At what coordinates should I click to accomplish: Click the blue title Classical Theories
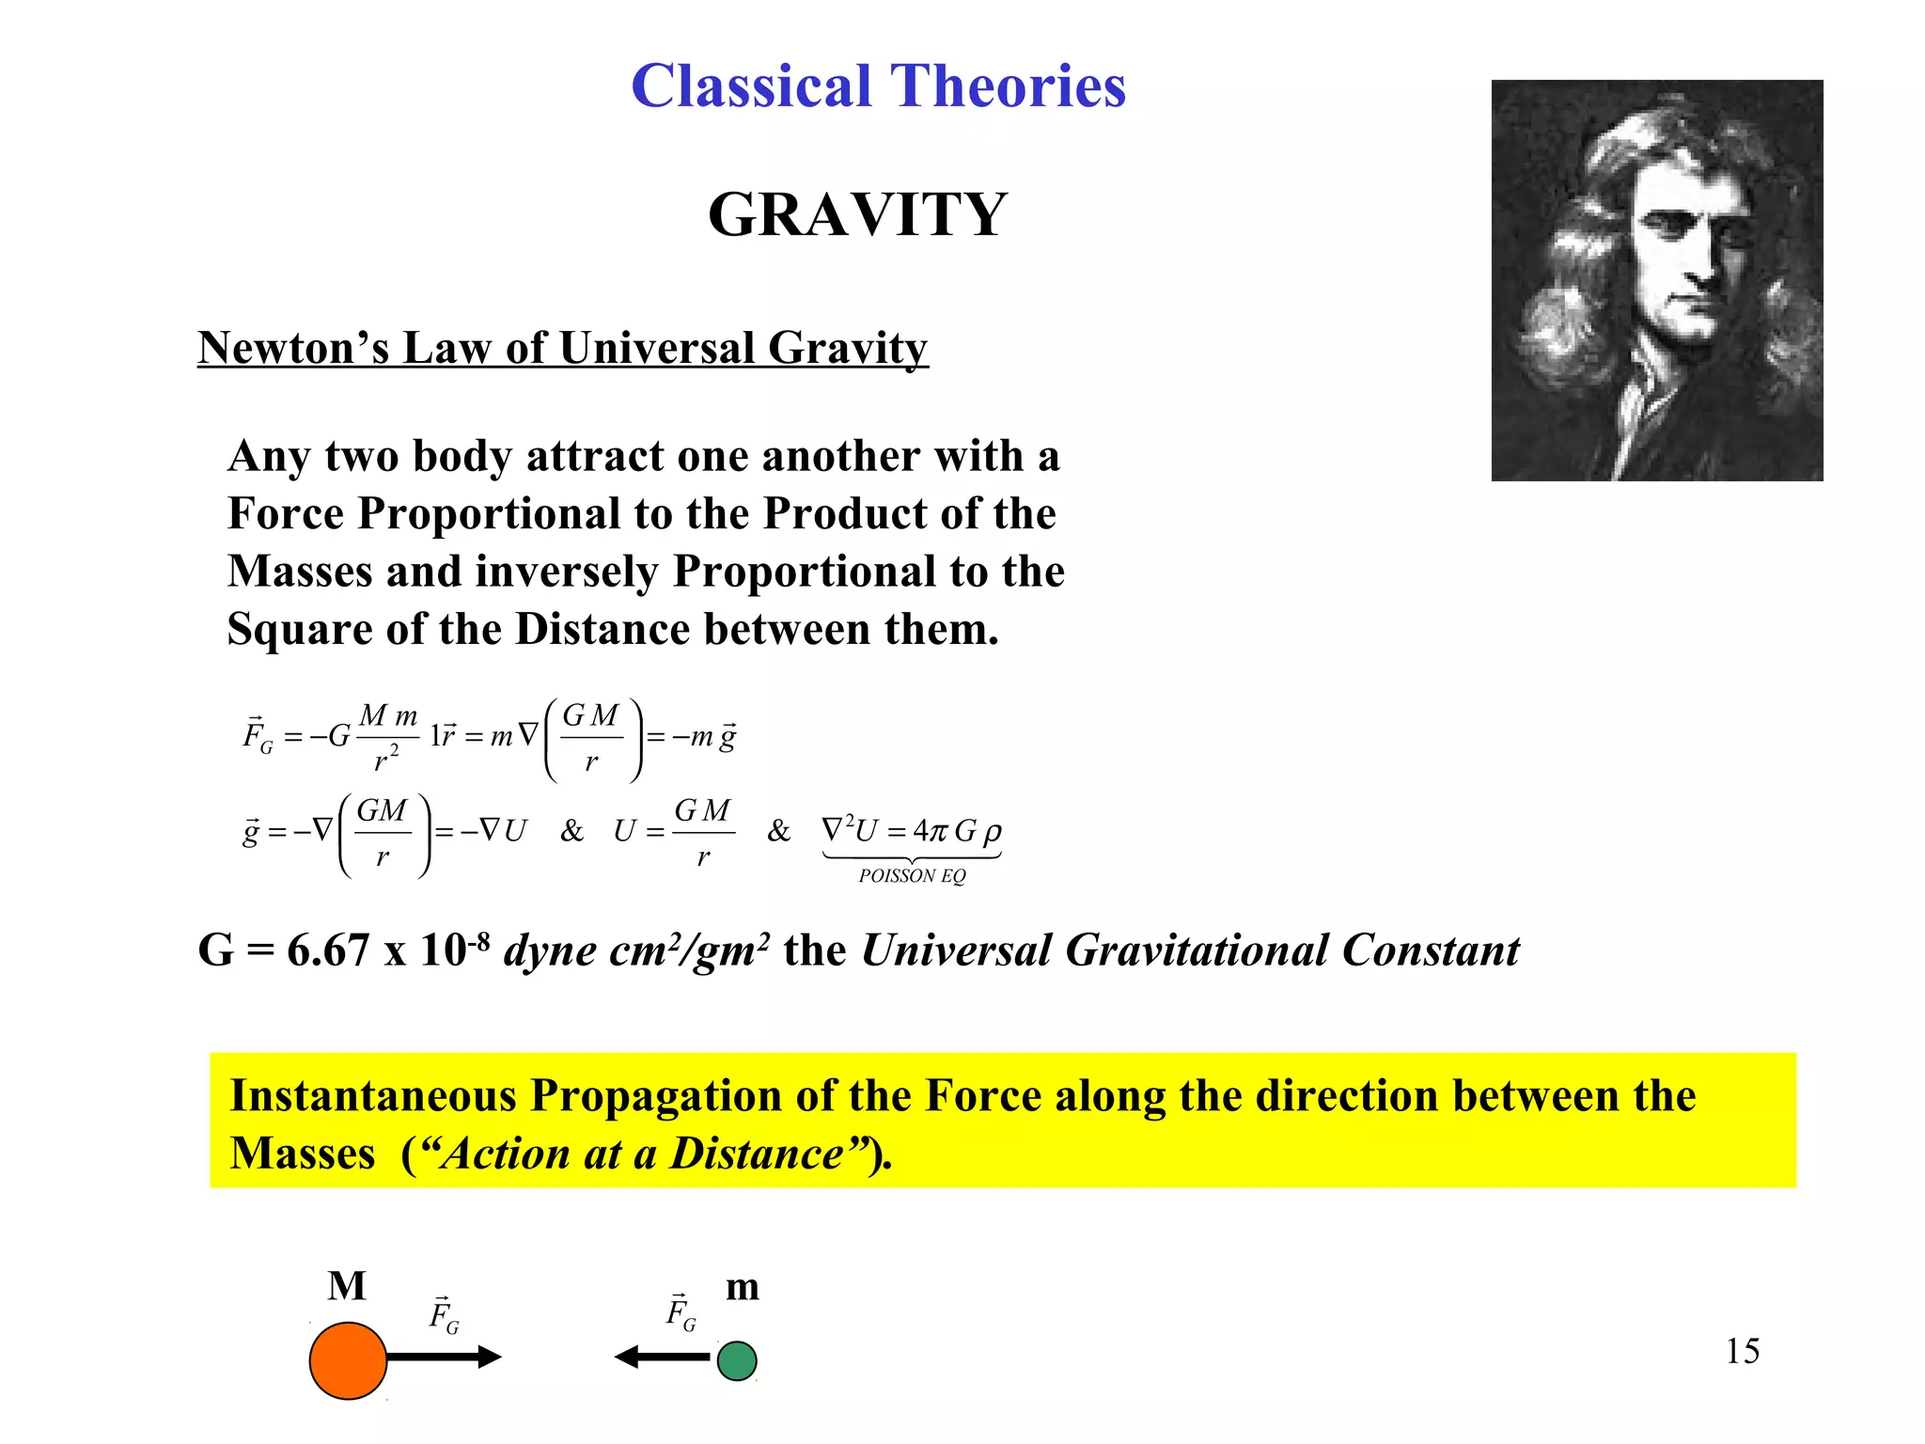(878, 86)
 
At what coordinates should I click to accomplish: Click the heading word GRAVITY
(857, 214)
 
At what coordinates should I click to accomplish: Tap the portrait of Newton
(1656, 280)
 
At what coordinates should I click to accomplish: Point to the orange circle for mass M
(348, 1360)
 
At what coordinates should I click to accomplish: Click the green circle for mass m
(737, 1360)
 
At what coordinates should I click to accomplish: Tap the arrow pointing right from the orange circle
(445, 1357)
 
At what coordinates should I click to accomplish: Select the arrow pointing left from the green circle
(663, 1357)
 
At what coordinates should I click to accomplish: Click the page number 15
(1742, 1351)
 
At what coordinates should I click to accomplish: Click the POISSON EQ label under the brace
(912, 876)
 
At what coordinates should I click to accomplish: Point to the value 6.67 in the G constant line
(328, 950)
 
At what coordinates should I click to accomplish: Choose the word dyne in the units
(550, 950)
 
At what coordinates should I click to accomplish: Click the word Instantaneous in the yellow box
(373, 1096)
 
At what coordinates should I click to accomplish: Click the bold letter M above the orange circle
(347, 1286)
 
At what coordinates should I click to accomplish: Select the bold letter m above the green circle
(743, 1286)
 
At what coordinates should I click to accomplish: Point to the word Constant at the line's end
(1432, 950)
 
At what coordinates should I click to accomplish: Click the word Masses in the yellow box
(303, 1154)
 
